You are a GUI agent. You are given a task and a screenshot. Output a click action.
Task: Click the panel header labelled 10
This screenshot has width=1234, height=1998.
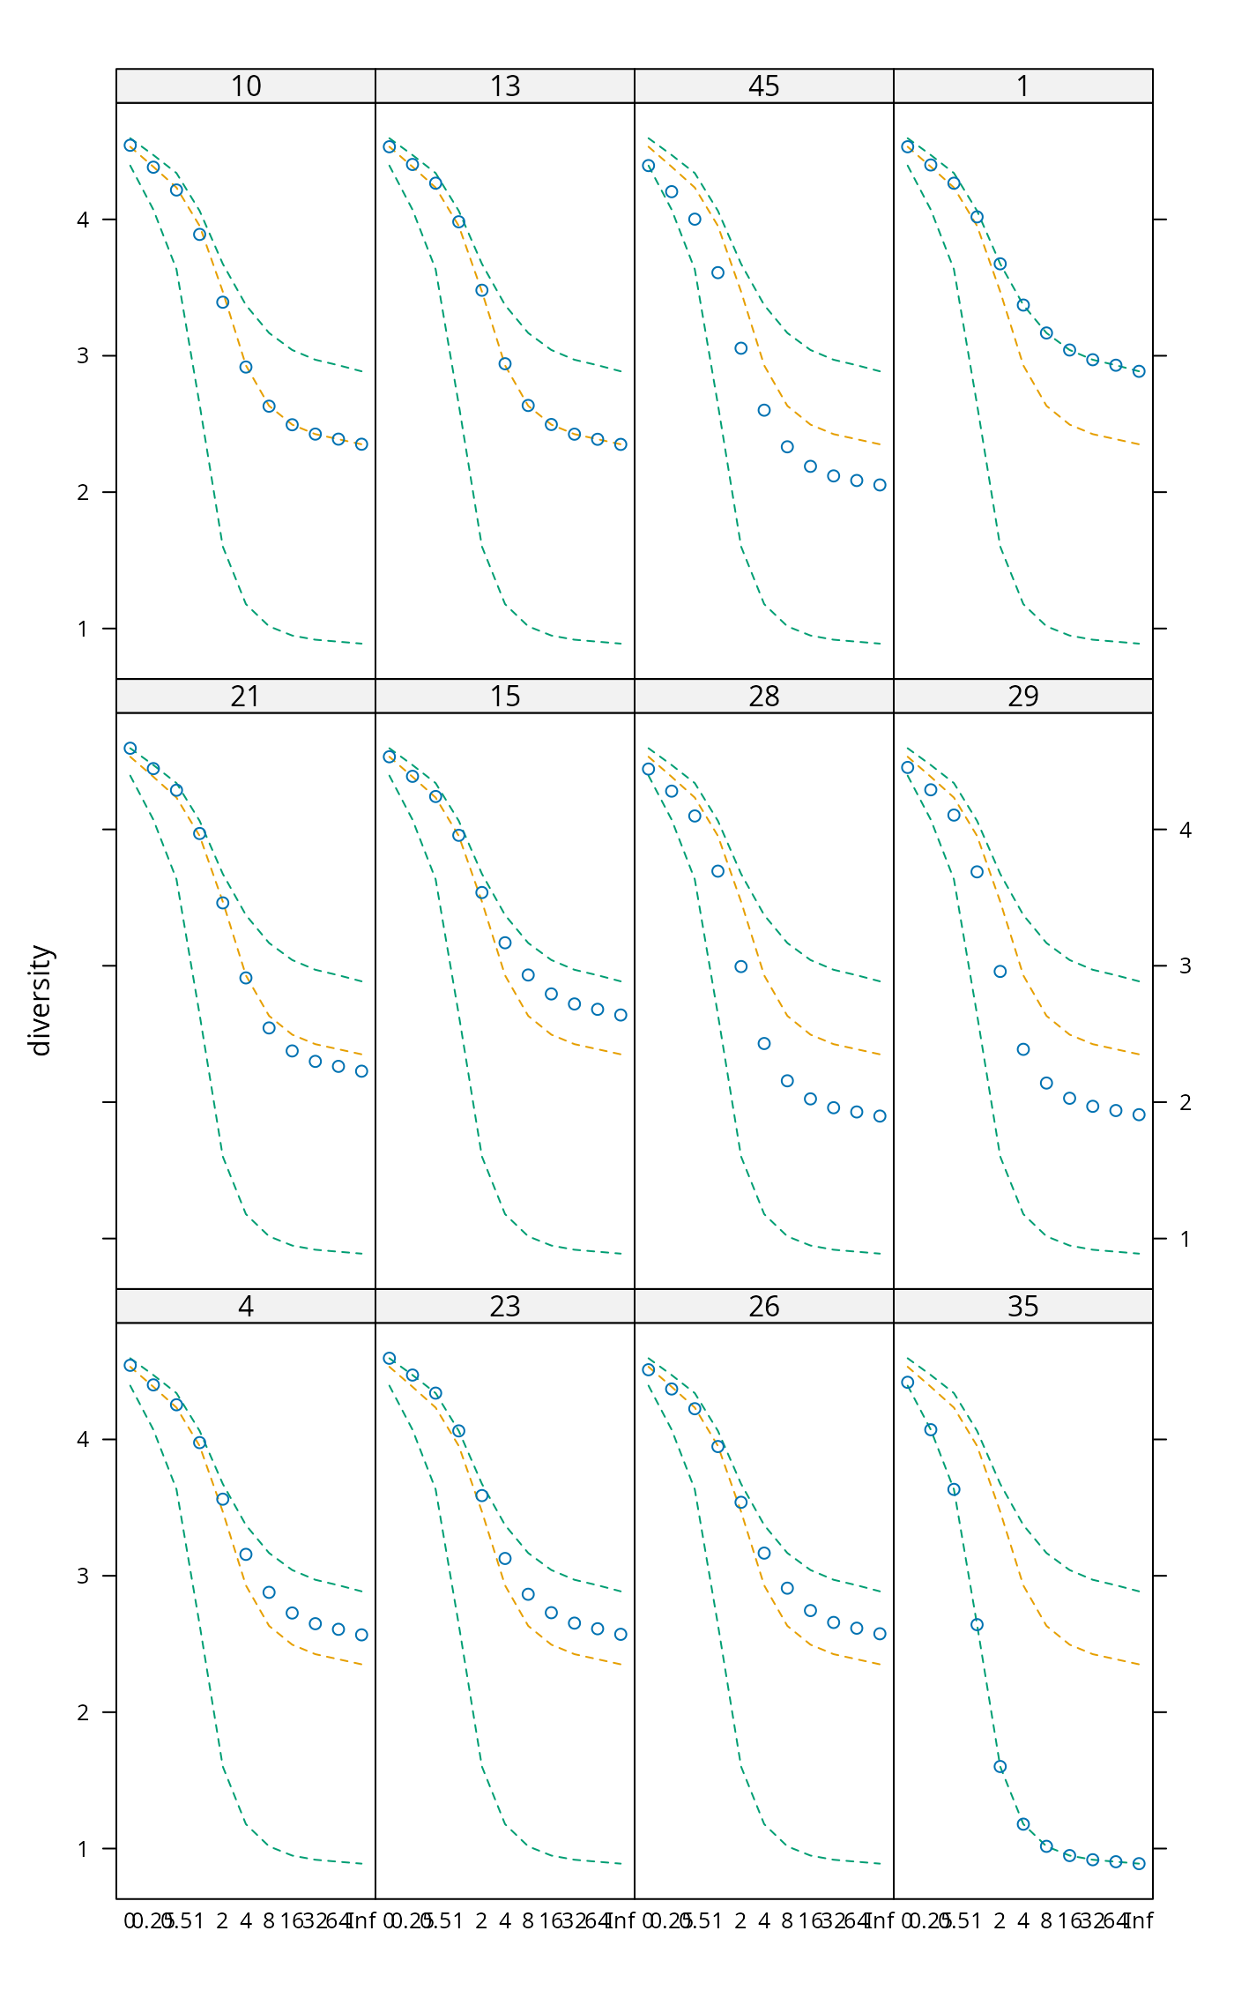[246, 86]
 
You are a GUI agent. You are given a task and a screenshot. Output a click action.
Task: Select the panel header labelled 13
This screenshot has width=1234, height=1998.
[505, 86]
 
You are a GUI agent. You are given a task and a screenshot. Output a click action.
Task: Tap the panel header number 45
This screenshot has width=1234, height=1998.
[763, 86]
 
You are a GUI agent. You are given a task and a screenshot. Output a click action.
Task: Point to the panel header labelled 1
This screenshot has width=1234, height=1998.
[1022, 86]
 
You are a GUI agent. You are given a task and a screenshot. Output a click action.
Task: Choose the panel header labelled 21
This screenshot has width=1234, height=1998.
[246, 697]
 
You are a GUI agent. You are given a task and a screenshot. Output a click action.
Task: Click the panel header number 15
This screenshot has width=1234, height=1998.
[505, 697]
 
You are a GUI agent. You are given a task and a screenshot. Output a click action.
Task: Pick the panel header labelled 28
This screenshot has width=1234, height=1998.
[763, 697]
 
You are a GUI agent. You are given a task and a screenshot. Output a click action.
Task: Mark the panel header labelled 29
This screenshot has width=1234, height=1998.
[1022, 697]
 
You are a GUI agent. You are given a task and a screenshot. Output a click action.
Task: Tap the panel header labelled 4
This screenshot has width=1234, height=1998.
[246, 1307]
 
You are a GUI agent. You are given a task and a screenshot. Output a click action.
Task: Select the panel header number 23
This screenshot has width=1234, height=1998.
[505, 1307]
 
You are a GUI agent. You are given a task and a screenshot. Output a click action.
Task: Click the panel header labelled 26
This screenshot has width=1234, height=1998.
[763, 1307]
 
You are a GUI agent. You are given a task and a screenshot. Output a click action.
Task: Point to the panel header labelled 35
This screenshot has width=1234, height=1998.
[1022, 1307]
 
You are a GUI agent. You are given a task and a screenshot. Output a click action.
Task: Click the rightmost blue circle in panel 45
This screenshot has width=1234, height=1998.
[880, 485]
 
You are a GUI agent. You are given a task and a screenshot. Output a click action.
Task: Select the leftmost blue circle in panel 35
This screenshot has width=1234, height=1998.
[908, 1383]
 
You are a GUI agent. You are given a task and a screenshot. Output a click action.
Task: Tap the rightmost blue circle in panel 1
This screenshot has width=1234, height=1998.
[1139, 372]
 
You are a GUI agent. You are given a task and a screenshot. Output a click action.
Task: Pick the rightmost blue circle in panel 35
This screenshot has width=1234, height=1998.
[1139, 1864]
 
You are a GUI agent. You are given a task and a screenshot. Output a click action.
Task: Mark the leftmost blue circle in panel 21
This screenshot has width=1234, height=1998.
[130, 749]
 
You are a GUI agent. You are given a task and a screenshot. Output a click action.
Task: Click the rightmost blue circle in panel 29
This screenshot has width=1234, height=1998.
[1139, 1115]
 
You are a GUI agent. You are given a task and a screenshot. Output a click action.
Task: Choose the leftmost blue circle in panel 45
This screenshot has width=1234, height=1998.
[649, 166]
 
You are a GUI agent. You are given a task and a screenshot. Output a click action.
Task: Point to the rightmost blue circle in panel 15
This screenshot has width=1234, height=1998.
[621, 1015]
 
